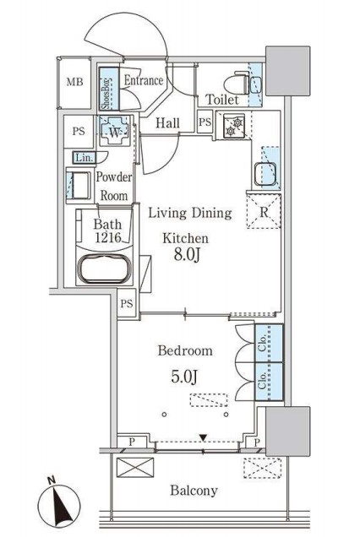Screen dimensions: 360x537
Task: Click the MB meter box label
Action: click(74, 82)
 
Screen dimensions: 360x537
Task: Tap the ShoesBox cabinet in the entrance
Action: click(109, 89)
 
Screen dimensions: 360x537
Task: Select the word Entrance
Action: click(144, 80)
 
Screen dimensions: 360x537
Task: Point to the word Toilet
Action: click(221, 100)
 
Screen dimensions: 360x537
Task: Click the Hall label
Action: click(167, 123)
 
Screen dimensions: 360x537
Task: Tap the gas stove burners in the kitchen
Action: click(234, 126)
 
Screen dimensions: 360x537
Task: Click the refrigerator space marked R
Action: click(264, 211)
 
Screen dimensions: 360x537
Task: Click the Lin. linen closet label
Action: click(85, 158)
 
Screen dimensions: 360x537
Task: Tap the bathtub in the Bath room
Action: click(105, 268)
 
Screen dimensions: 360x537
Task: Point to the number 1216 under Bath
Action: click(108, 237)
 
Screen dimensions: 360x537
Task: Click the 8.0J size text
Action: click(187, 255)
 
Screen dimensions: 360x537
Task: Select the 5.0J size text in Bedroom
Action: click(184, 377)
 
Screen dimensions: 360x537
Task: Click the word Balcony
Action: click(194, 491)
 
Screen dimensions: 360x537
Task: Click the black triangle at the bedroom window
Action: click(204, 437)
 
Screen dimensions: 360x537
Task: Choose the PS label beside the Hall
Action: click(205, 122)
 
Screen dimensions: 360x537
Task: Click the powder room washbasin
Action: click(79, 185)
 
